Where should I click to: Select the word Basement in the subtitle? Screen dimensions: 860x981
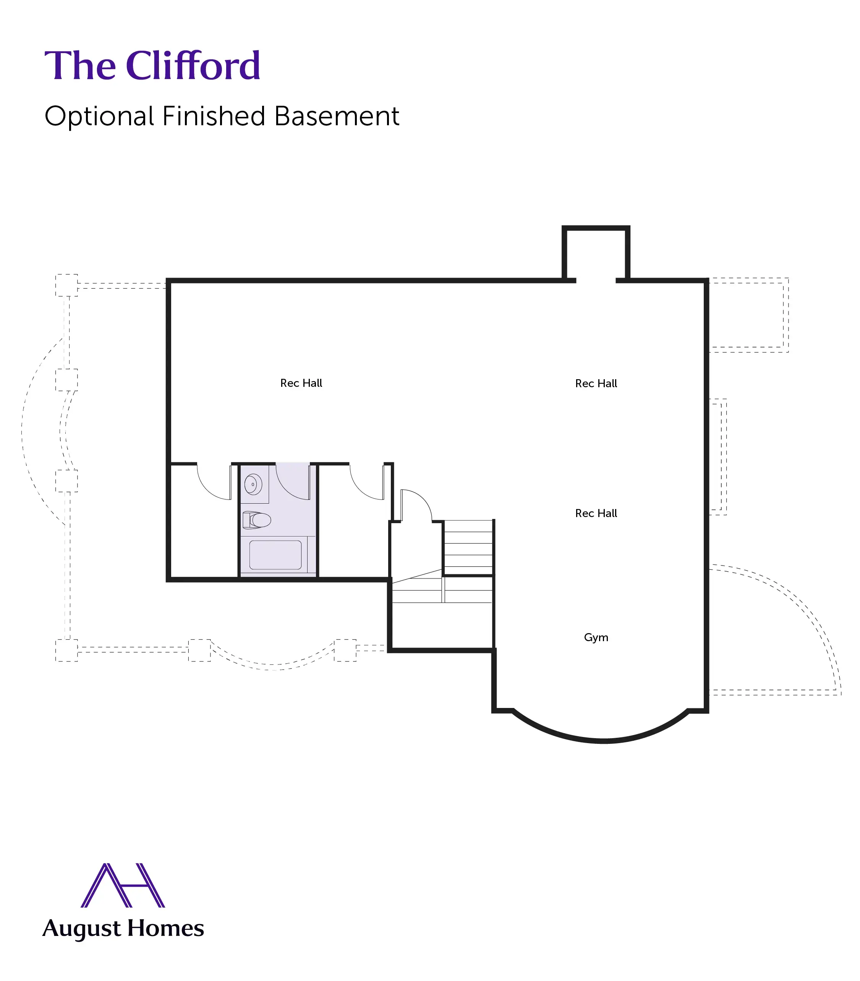click(337, 116)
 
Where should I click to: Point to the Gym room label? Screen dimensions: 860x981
click(596, 638)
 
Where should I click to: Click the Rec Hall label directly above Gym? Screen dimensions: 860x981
click(596, 513)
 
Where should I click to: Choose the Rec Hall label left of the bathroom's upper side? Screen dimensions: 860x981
click(301, 383)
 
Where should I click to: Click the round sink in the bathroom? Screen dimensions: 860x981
click(253, 484)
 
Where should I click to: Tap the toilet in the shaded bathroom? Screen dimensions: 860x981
click(257, 520)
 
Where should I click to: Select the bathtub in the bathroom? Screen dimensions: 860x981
click(275, 555)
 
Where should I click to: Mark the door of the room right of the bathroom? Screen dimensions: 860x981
click(367, 482)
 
